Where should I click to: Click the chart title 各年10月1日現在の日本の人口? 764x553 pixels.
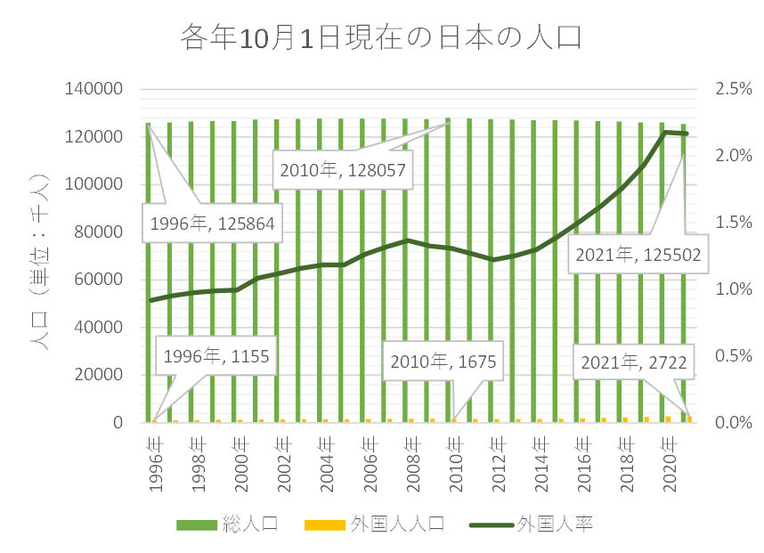(381, 37)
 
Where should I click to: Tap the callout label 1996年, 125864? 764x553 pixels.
(212, 224)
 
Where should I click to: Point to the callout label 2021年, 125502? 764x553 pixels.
(638, 254)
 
